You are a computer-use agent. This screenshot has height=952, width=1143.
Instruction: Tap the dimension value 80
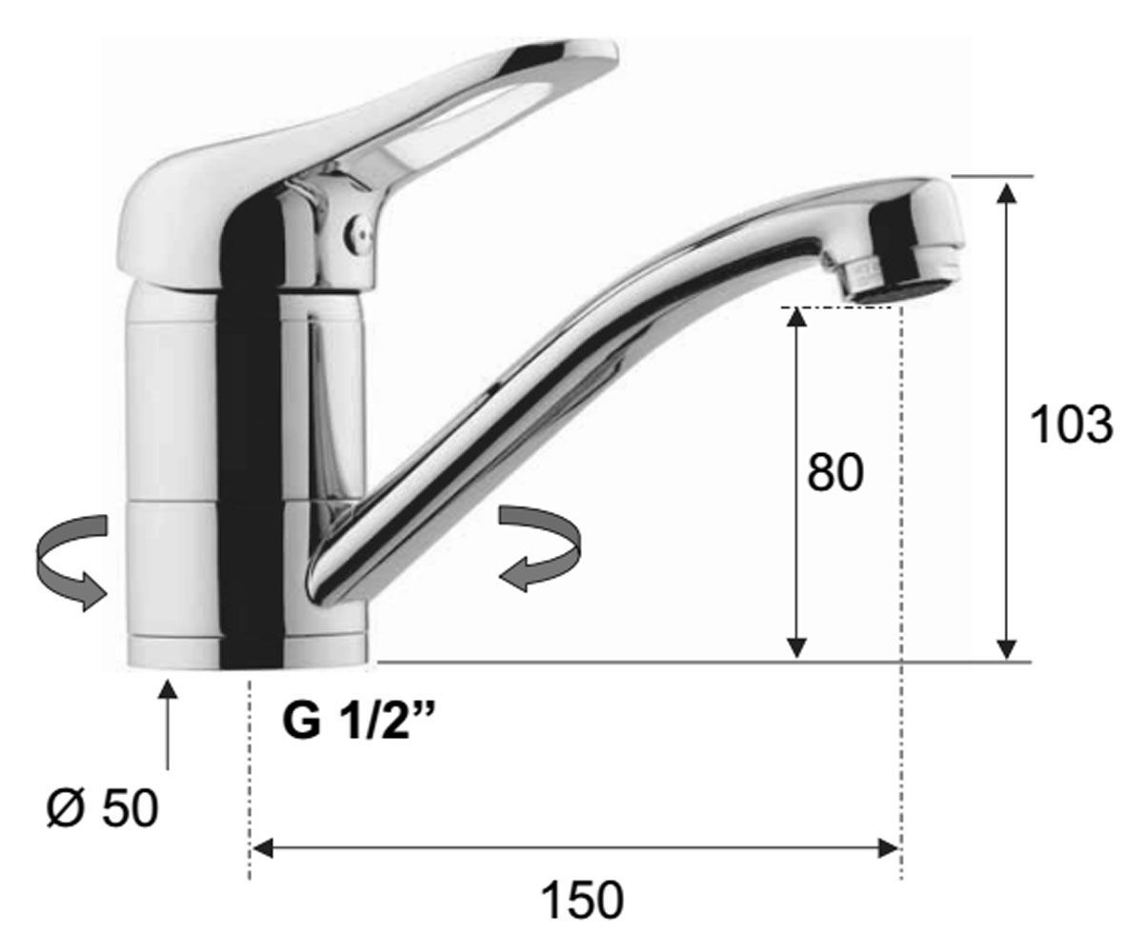(x=835, y=472)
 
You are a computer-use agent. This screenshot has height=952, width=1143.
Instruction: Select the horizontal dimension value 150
(x=582, y=901)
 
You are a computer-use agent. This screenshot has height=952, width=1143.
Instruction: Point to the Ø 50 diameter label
(x=103, y=807)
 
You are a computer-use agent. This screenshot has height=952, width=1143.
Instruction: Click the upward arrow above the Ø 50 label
(x=168, y=724)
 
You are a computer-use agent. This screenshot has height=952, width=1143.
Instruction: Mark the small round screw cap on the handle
(x=358, y=235)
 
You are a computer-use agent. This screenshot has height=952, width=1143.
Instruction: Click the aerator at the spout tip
(x=903, y=279)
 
